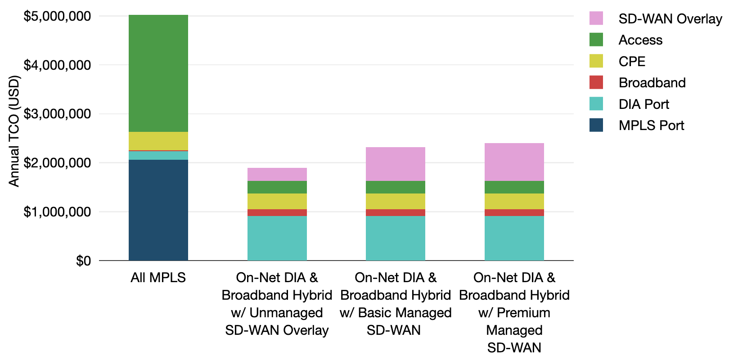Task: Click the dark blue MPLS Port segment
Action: pos(158,210)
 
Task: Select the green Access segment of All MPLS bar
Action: pos(158,73)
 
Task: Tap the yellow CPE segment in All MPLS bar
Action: pos(158,141)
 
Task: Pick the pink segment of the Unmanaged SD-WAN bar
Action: pos(277,174)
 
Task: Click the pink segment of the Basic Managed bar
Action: pos(395,164)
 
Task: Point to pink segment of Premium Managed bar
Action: pos(514,162)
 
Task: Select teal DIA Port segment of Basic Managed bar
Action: pos(395,238)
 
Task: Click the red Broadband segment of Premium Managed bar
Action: pos(514,212)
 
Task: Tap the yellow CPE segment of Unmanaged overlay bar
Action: pos(277,201)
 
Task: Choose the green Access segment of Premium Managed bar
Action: pos(514,187)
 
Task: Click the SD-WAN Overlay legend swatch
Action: pos(596,18)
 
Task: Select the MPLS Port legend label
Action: pos(651,126)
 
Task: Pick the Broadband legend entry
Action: pos(652,83)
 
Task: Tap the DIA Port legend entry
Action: pos(643,104)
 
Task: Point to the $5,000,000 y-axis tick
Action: pos(57,16)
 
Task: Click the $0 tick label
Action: pos(83,261)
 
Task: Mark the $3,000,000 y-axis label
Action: pos(57,114)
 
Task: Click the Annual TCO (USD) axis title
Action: pos(14,131)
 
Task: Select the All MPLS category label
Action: pos(158,278)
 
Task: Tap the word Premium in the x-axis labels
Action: pos(523,313)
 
